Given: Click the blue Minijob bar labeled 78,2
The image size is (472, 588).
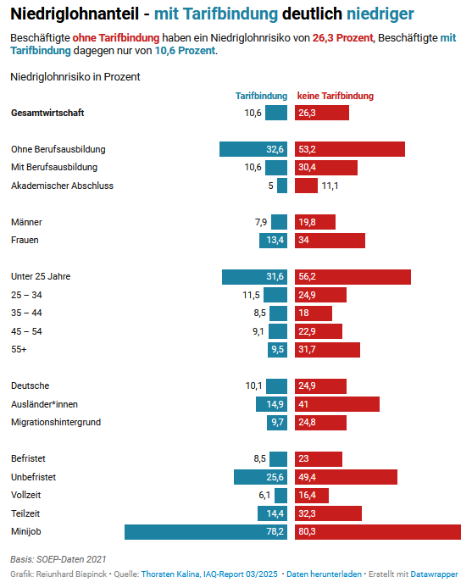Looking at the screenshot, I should point(206,532).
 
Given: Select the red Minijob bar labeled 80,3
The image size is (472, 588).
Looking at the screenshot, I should point(378,532).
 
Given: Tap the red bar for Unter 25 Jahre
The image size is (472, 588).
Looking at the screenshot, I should point(353,277).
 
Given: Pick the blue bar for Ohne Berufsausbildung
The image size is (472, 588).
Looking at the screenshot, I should point(253,149).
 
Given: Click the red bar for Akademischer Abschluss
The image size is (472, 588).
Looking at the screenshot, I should point(306,186).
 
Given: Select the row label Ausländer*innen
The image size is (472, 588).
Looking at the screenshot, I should point(44,404).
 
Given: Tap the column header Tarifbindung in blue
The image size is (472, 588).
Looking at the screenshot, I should point(261,96).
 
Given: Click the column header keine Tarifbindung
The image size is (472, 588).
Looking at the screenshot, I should point(335,96).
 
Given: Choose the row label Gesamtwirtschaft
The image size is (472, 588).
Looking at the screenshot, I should point(47,113).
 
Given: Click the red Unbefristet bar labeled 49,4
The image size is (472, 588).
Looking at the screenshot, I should point(346,477).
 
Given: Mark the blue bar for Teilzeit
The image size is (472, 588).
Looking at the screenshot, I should point(272,513).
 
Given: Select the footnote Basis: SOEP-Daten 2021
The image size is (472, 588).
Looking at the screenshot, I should point(58,559).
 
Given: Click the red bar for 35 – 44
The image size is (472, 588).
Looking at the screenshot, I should point(314,313).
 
